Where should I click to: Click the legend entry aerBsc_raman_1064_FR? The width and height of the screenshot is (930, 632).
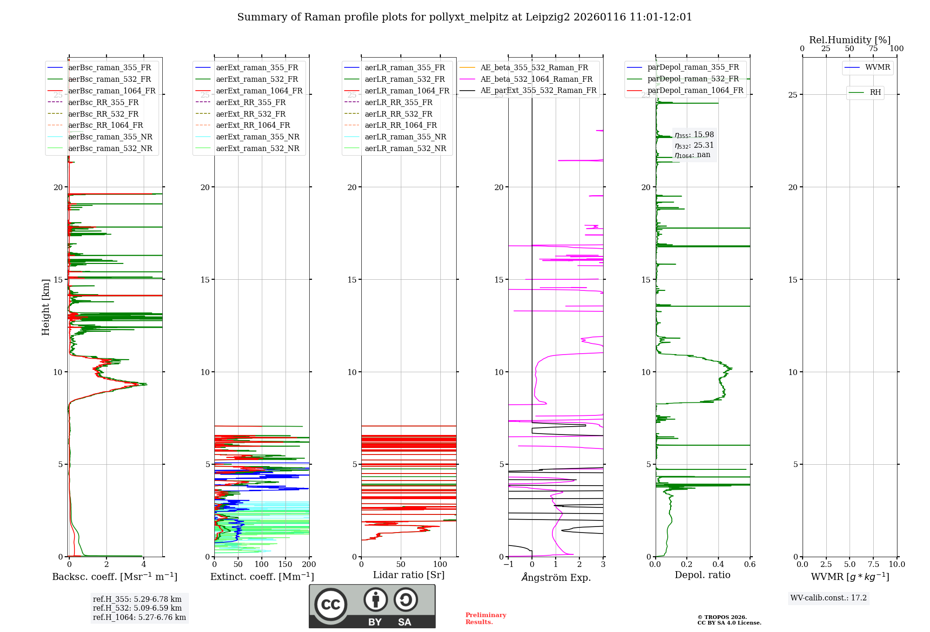[112, 91]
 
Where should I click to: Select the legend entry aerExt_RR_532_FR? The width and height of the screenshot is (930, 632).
[251, 114]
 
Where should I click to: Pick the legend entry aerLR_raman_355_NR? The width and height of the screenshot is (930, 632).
[405, 137]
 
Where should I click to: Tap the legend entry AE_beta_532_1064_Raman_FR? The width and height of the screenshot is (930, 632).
[536, 79]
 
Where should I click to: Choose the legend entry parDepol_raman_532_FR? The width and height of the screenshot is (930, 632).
[693, 79]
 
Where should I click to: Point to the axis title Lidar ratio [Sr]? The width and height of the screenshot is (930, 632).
[409, 575]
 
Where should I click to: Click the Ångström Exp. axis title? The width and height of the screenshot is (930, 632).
[556, 578]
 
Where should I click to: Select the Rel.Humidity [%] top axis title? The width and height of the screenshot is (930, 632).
[850, 40]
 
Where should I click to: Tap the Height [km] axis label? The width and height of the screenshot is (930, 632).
[46, 307]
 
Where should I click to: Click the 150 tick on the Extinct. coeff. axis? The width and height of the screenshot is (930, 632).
[285, 565]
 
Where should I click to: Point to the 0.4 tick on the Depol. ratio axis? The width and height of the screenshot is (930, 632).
[718, 565]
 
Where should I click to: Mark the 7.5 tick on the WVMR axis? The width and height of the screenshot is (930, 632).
[873, 565]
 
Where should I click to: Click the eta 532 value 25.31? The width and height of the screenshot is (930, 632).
[704, 145]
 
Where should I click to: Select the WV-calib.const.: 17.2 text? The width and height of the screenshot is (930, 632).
[829, 598]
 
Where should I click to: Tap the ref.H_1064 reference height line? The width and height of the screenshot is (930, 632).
[139, 618]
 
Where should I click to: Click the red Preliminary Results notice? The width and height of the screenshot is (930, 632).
[485, 619]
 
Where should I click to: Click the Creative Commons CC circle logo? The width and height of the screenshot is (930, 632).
[331, 605]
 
